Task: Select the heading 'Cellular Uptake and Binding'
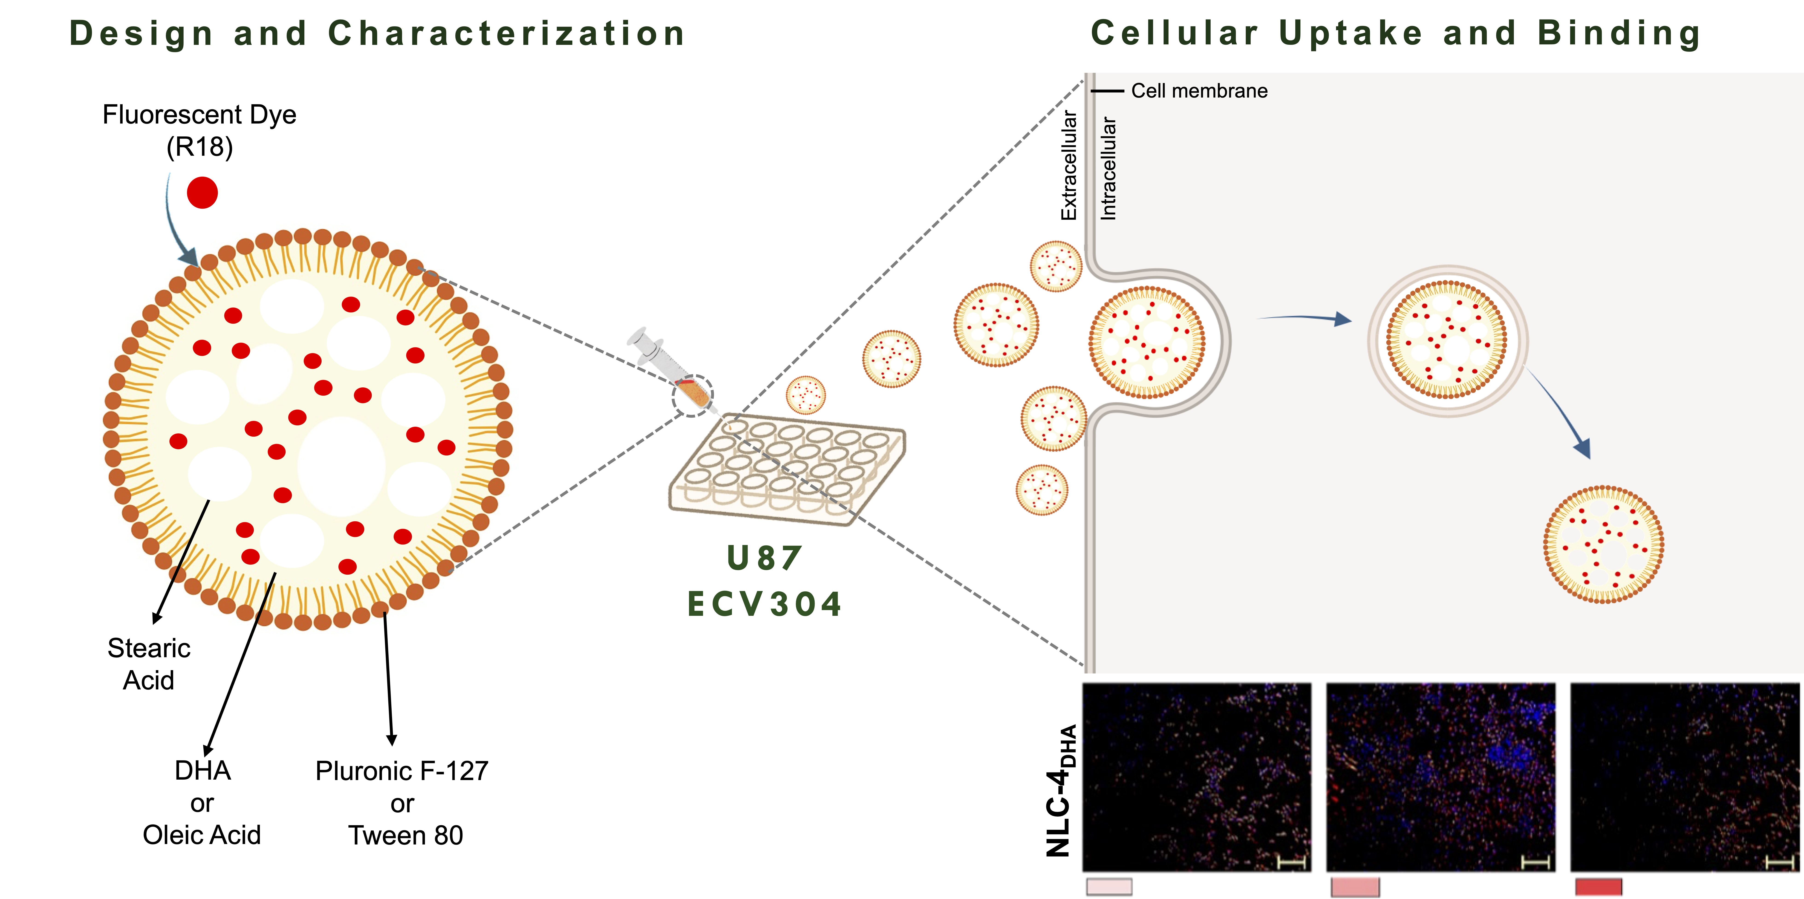click(1396, 34)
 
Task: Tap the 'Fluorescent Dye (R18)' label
click(200, 130)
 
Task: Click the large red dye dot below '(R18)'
click(202, 193)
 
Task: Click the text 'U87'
click(764, 558)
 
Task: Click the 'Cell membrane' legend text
click(1199, 91)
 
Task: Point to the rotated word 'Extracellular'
click(1069, 165)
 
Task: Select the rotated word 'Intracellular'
click(1108, 168)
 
